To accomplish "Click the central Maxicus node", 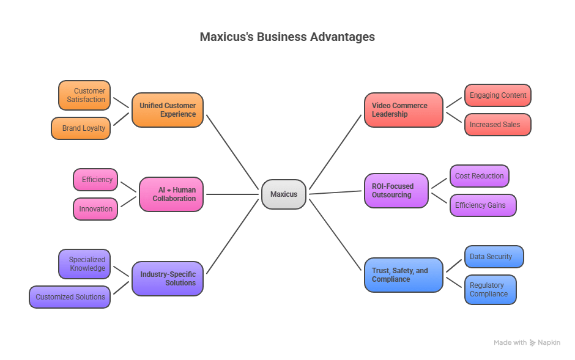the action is pos(284,194).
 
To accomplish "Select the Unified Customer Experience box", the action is pos(168,110).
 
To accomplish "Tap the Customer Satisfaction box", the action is pos(84,95).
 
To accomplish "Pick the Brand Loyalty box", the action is pos(81,128).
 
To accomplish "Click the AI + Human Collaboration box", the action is pos(171,194).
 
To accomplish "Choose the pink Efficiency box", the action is pos(95,180).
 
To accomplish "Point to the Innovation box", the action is pos(95,209).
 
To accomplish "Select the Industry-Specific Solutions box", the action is pos(168,278).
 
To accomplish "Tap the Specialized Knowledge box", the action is pos(84,263).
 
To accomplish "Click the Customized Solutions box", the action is pos(70,296).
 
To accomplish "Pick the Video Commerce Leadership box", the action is pos(404,110).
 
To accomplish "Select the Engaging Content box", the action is pos(498,95).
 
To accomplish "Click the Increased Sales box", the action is pos(498,125).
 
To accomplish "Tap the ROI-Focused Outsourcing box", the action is pos(396,191).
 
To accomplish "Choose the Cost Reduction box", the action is pos(480,176).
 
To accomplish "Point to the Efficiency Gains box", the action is pos(483,205).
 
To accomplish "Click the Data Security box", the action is pos(494,256).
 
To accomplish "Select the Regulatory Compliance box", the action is pos(491,289).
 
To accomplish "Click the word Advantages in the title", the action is pos(343,37).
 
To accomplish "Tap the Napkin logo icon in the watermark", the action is pos(532,343).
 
